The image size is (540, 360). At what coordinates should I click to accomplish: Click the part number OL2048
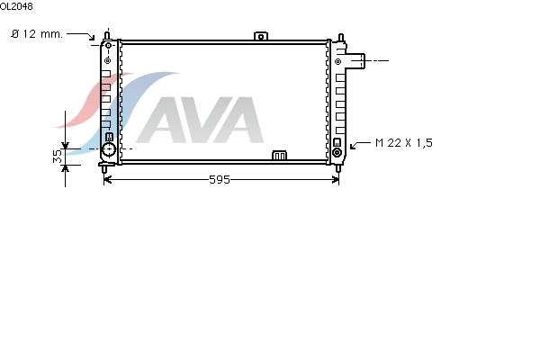[16, 6]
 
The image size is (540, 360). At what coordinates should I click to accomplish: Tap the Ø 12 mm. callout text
[37, 34]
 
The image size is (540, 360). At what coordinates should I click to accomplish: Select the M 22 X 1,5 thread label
[403, 142]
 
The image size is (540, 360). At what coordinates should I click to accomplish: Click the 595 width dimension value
[220, 179]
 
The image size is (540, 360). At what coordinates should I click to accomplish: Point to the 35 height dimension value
[58, 156]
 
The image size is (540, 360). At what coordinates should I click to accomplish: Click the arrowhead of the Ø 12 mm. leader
[92, 37]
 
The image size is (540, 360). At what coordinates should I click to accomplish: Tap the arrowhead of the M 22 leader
[352, 147]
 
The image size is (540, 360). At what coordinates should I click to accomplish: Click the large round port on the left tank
[109, 149]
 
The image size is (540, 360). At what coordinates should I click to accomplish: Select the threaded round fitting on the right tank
[337, 152]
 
